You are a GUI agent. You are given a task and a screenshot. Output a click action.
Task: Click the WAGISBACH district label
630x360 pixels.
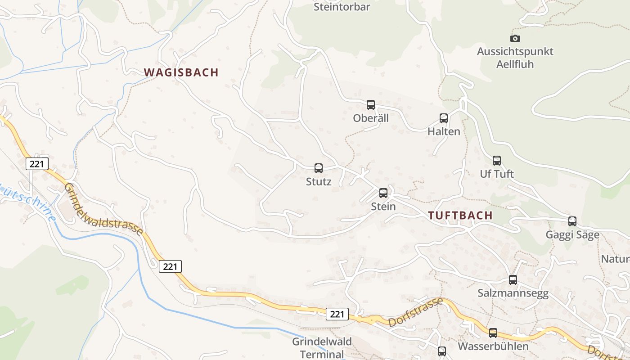coord(181,72)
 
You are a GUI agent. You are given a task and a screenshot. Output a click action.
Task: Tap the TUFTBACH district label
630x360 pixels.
coord(460,215)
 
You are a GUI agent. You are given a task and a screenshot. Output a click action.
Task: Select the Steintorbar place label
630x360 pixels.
coord(342,7)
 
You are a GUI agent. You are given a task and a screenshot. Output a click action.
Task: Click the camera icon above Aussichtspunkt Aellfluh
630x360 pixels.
coord(515,38)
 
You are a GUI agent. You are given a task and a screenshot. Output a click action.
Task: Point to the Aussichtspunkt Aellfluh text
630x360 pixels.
coord(515,58)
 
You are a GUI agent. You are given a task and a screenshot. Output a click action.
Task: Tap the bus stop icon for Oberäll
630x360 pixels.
coord(370,104)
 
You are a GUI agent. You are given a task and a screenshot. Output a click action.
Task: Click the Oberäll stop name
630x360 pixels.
coord(370,118)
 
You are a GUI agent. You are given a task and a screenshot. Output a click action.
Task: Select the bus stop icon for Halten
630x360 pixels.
coord(443,118)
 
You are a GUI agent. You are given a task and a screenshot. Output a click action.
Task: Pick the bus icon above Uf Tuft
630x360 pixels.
coord(496,160)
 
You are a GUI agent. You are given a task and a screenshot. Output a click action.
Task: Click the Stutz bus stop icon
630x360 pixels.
coord(318,168)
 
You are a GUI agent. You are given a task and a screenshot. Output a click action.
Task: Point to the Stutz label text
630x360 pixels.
coord(318,182)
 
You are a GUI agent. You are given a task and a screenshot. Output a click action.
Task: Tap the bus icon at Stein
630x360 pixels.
coord(383,193)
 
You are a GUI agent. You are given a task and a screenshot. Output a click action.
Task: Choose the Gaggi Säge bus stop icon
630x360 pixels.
coord(572,221)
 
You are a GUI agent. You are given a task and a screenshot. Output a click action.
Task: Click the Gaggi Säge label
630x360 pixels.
coord(572,235)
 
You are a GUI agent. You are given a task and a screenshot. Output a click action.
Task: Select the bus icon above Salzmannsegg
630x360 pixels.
coord(513,280)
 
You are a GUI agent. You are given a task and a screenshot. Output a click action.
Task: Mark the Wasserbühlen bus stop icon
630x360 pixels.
coord(493,333)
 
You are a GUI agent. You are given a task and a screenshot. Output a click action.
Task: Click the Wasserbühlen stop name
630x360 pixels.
coord(493,346)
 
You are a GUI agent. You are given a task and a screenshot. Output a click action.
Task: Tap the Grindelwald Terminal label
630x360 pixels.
coord(322,347)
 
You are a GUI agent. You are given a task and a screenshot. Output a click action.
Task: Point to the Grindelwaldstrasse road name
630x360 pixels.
coord(103,209)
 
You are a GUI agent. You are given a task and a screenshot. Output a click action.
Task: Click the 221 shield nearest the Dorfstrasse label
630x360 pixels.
coord(337,314)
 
